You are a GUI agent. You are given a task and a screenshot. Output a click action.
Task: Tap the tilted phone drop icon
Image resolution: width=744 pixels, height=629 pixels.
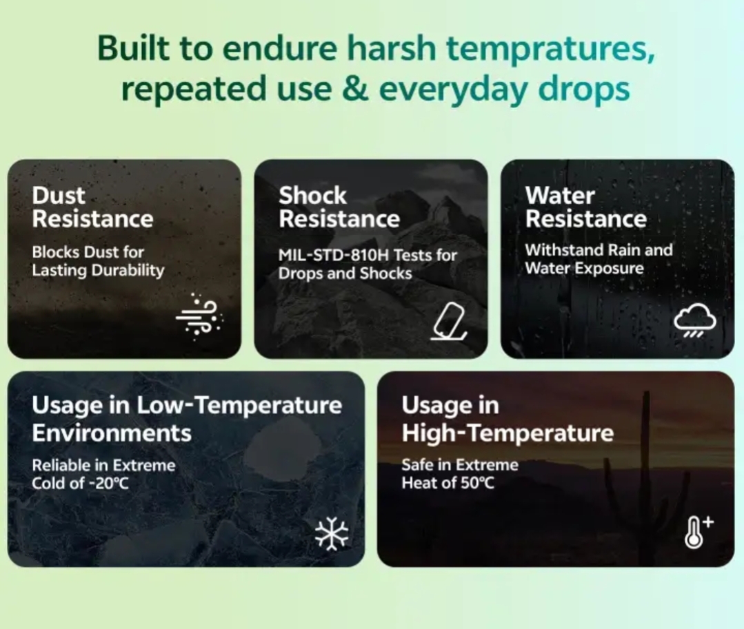point(449,321)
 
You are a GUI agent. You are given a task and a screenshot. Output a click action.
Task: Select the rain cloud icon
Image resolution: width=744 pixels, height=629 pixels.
point(694,320)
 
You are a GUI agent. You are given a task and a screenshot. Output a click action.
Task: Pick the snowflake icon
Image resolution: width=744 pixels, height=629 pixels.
point(332,533)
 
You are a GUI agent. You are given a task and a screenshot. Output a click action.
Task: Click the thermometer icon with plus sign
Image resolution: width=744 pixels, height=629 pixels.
point(698,533)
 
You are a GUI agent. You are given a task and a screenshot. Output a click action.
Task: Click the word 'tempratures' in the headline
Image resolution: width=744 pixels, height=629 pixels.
point(551,49)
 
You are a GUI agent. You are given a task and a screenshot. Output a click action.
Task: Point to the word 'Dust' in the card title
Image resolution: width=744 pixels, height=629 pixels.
point(59,195)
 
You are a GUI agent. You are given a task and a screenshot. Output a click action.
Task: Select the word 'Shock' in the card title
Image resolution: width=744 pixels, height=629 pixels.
point(312,195)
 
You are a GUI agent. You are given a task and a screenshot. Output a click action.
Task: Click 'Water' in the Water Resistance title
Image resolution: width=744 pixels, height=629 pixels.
point(560,195)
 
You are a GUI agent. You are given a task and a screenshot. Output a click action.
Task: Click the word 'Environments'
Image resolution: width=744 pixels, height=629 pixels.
point(112,433)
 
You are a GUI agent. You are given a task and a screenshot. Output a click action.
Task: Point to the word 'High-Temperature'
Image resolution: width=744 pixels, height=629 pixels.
point(507,433)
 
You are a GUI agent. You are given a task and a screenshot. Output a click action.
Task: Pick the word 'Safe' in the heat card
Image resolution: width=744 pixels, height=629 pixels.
point(418,465)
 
